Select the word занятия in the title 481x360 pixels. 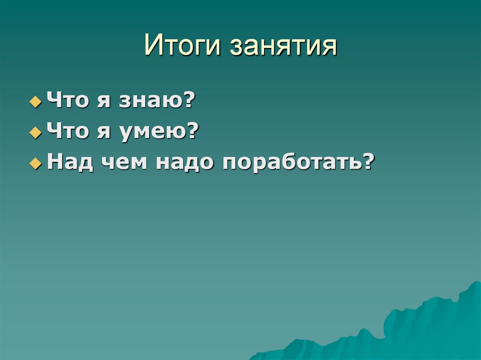[x=283, y=47]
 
